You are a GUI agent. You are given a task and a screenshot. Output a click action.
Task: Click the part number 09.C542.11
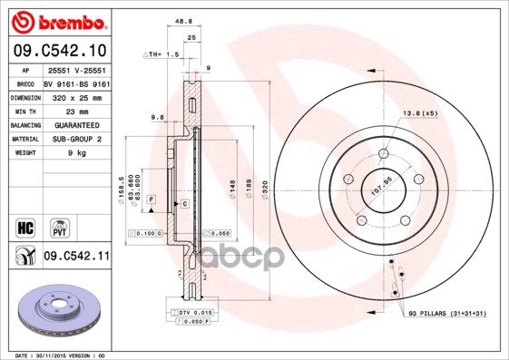click(x=77, y=257)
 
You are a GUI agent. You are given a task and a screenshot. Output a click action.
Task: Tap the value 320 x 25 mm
click(x=74, y=96)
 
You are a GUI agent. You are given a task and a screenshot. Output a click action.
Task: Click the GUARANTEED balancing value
click(x=76, y=124)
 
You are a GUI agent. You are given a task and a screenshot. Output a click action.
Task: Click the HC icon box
click(x=25, y=224)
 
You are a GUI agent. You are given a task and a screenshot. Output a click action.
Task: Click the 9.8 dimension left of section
click(x=157, y=116)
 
